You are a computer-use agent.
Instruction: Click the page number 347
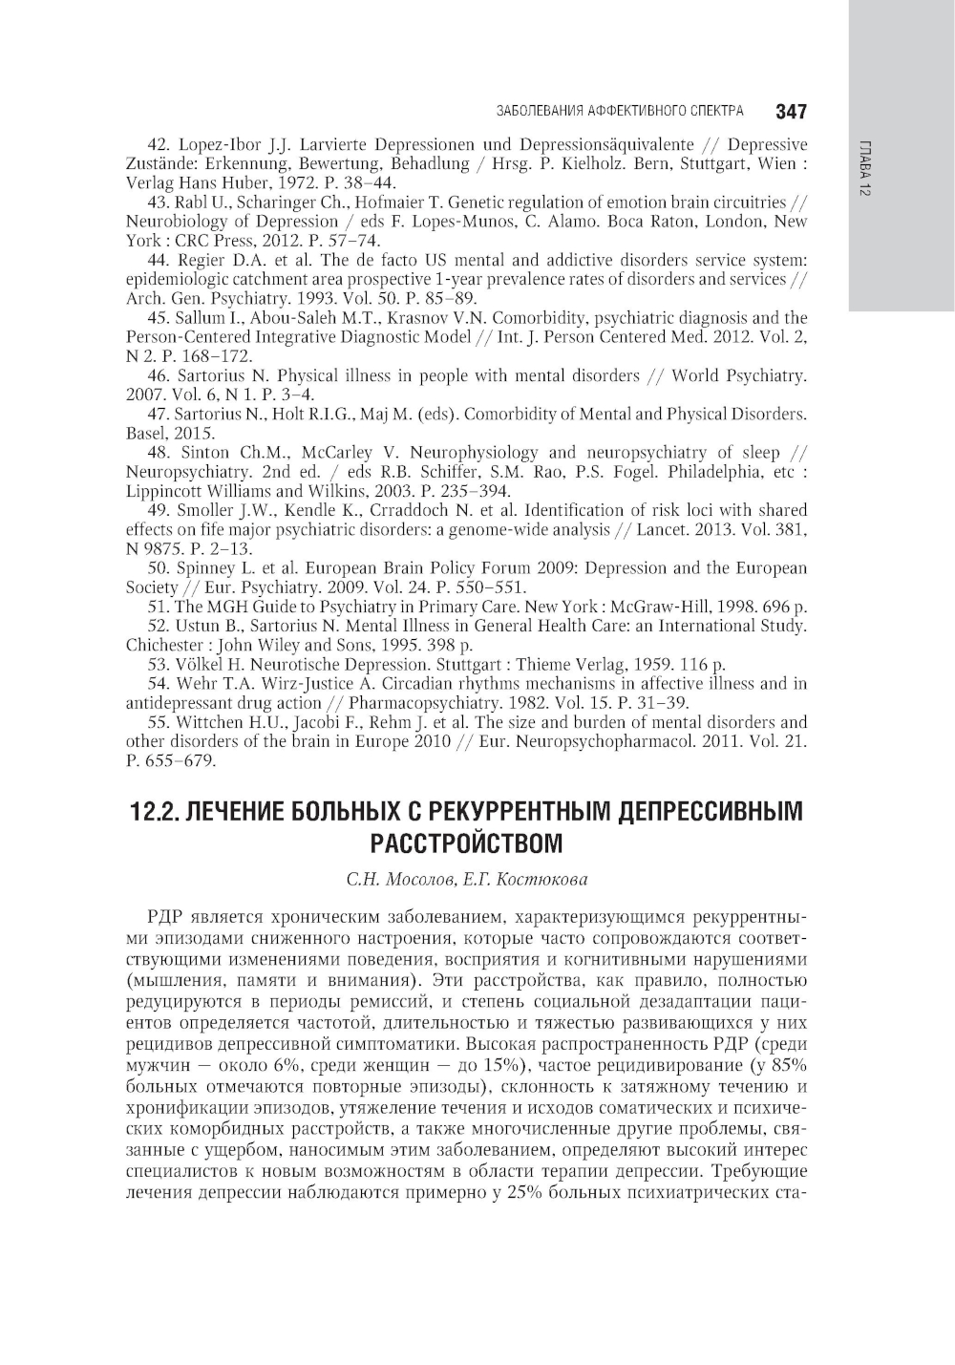tap(792, 112)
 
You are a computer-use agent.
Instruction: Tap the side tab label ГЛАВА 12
tap(863, 168)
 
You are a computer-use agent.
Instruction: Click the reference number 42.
tap(159, 144)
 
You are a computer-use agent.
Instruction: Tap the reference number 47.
tap(159, 415)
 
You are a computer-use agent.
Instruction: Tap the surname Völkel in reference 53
tap(201, 665)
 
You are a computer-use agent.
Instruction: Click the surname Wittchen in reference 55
tap(211, 722)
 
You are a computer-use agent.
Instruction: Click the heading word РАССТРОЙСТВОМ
tap(466, 843)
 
